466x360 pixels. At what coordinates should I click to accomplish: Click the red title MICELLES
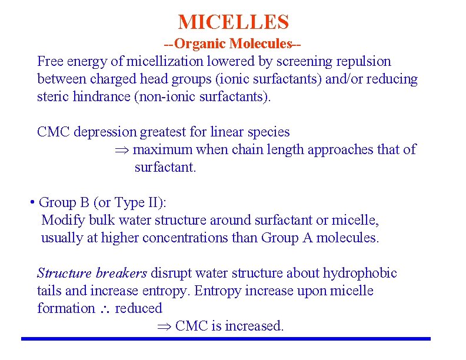[234, 22]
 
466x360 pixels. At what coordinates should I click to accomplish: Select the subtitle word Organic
[201, 44]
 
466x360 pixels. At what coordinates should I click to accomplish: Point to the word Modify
[59, 221]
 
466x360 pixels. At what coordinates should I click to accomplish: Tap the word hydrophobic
[360, 273]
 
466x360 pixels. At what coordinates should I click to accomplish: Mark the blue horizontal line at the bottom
[225, 339]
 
